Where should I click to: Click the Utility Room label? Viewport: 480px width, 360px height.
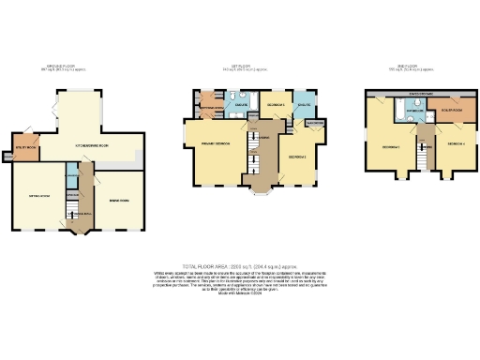[24, 148]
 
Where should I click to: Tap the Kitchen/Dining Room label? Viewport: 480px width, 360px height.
[94, 147]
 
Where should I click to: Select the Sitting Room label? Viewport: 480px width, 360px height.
[41, 196]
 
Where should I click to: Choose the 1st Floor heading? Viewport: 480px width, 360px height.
[243, 67]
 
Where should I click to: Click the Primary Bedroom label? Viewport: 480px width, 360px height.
[216, 143]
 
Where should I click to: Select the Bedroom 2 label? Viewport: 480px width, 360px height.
[298, 155]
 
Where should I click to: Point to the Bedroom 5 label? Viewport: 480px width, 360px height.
[276, 104]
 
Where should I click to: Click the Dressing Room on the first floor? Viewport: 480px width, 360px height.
[211, 105]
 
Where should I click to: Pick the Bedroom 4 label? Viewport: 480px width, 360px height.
[457, 143]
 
